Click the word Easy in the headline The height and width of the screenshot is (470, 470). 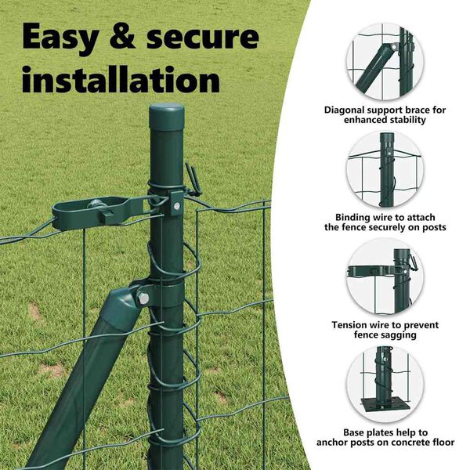tap(60, 38)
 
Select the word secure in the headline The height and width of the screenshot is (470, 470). tap(203, 37)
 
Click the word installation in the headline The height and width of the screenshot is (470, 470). tap(121, 79)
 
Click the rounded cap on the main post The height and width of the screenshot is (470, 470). tap(167, 116)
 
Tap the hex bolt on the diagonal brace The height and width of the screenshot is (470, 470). tap(143, 298)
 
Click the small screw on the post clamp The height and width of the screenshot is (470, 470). tap(177, 206)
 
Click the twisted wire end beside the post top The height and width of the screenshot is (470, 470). tap(193, 179)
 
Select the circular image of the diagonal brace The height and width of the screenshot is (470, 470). tap(385, 61)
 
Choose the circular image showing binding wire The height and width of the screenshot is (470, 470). tap(385, 169)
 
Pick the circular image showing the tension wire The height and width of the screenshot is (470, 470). tap(385, 277)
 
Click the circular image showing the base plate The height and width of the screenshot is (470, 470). tap(385, 385)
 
